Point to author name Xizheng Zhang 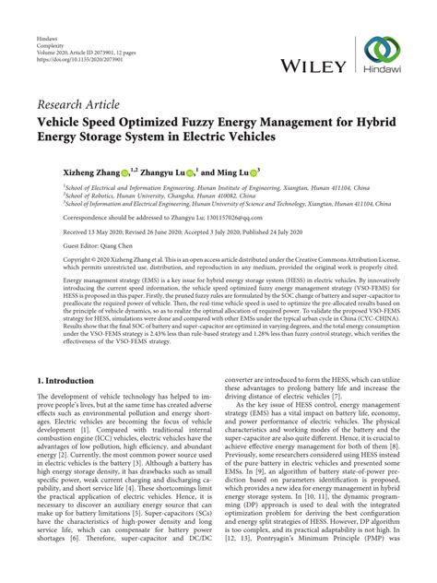pos(66,172)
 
